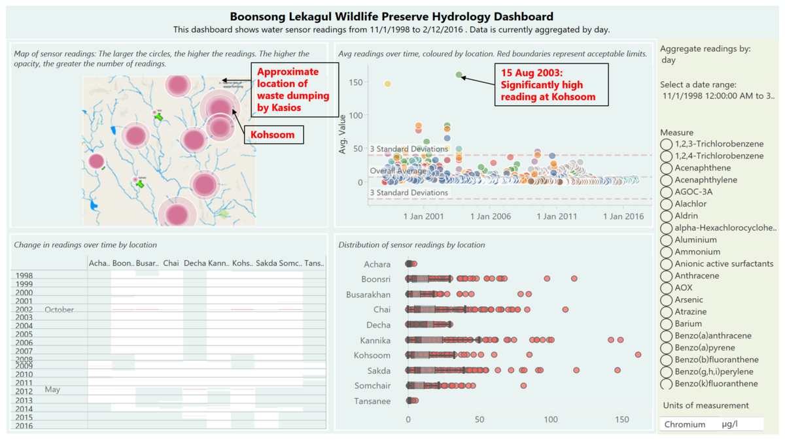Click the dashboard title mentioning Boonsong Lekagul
pyautogui.click(x=391, y=17)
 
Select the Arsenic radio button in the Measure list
pyautogui.click(x=667, y=299)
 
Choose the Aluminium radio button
pyautogui.click(x=667, y=240)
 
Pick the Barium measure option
pyautogui.click(x=667, y=324)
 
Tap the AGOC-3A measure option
pyautogui.click(x=667, y=192)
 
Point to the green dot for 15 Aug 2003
pyautogui.click(x=459, y=76)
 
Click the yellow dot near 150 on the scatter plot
pyautogui.click(x=387, y=84)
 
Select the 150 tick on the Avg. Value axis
pyautogui.click(x=356, y=82)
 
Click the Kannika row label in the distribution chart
pyautogui.click(x=375, y=340)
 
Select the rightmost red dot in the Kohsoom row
pyautogui.click(x=638, y=355)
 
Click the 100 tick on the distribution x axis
pyautogui.click(x=551, y=419)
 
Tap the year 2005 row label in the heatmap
pyautogui.click(x=24, y=334)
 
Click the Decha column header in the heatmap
pyautogui.click(x=194, y=263)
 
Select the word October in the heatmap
pyautogui.click(x=60, y=309)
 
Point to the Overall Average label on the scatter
pyautogui.click(x=398, y=171)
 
